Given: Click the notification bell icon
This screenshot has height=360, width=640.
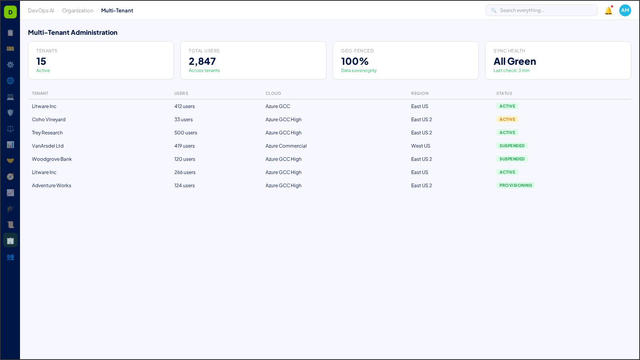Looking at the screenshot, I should [608, 11].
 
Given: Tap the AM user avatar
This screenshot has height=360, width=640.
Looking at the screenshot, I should [625, 10].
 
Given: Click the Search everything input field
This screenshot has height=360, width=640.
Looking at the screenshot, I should [544, 10].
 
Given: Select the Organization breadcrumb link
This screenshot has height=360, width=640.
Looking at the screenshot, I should [78, 11].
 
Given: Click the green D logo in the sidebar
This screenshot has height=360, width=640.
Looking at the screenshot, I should [10, 12].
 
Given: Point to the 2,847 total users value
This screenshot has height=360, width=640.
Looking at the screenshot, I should [202, 61].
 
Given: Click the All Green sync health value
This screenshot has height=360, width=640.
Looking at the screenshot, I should [515, 61].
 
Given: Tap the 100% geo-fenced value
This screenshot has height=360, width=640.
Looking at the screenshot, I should [355, 61].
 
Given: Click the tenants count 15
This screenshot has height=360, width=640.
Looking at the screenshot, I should [41, 61].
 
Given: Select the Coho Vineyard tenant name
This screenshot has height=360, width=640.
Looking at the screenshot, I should [49, 120].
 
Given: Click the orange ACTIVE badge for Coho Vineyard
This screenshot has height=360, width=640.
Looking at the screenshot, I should [507, 119].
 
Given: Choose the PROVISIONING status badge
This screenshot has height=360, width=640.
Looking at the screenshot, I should [516, 185].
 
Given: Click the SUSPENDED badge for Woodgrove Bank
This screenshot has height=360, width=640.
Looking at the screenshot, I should [512, 159].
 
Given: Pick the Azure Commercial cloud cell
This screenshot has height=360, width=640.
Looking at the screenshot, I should [286, 146].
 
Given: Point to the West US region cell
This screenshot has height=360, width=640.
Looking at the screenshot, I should [421, 146].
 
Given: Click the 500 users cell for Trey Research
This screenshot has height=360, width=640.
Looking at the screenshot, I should [186, 133].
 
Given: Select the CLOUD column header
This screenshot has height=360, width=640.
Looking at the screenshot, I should [273, 93].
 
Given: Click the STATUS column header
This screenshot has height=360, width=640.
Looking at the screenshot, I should [504, 93].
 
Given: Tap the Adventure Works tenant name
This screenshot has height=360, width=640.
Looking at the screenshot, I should [52, 186].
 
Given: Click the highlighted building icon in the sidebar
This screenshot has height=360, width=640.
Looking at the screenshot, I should [10, 240].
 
